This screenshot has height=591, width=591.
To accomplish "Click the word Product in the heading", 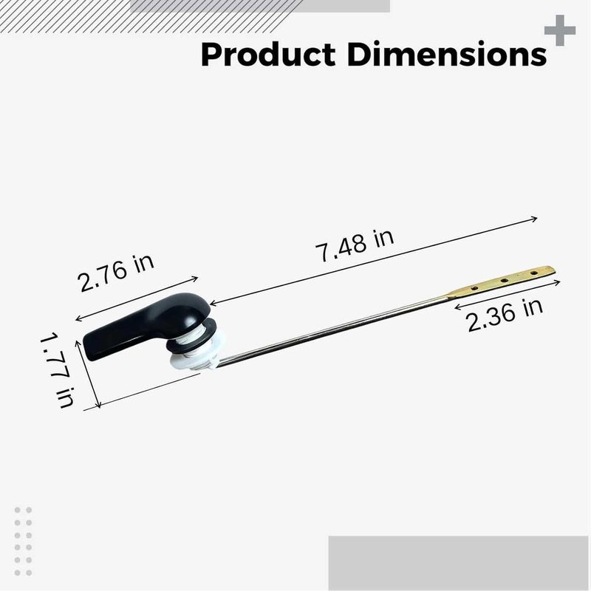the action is point(268,54).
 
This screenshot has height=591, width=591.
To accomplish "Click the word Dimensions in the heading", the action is point(447,54).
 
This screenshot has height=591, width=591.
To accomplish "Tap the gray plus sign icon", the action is point(560,30).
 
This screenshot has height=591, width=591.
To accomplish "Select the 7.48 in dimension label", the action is point(355,245).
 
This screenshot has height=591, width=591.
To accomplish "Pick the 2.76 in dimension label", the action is point(116,272).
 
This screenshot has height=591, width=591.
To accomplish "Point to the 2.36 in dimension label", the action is point(505,315).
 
